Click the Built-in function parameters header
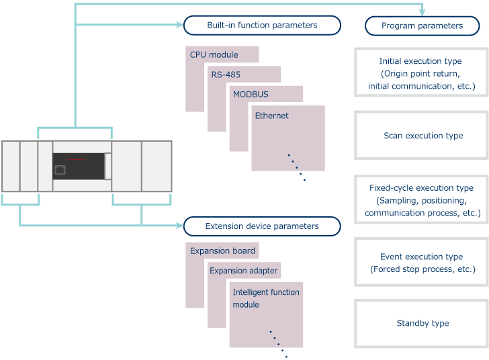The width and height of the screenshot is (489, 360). pos(262,26)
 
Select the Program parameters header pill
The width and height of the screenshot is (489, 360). pos(421,26)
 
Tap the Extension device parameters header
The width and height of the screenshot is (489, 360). pos(262,226)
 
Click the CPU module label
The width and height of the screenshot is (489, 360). pos(214,54)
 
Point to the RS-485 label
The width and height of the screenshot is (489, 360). pos(227,75)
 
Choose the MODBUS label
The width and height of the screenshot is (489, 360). pos(251,94)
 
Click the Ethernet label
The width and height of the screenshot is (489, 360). pos(271,116)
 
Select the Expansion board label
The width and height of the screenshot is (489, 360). pos(222,251)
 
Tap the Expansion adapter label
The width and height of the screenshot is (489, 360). pos(243,271)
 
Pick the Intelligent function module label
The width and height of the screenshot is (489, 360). pos(266,298)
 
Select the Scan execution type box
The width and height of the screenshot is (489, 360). pos(421,135)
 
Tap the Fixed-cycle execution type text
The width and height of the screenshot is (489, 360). pos(421,189)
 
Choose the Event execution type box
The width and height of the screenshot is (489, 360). pos(421,263)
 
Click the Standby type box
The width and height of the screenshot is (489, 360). pos(421,323)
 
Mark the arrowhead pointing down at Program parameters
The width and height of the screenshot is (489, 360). pos(423,11)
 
